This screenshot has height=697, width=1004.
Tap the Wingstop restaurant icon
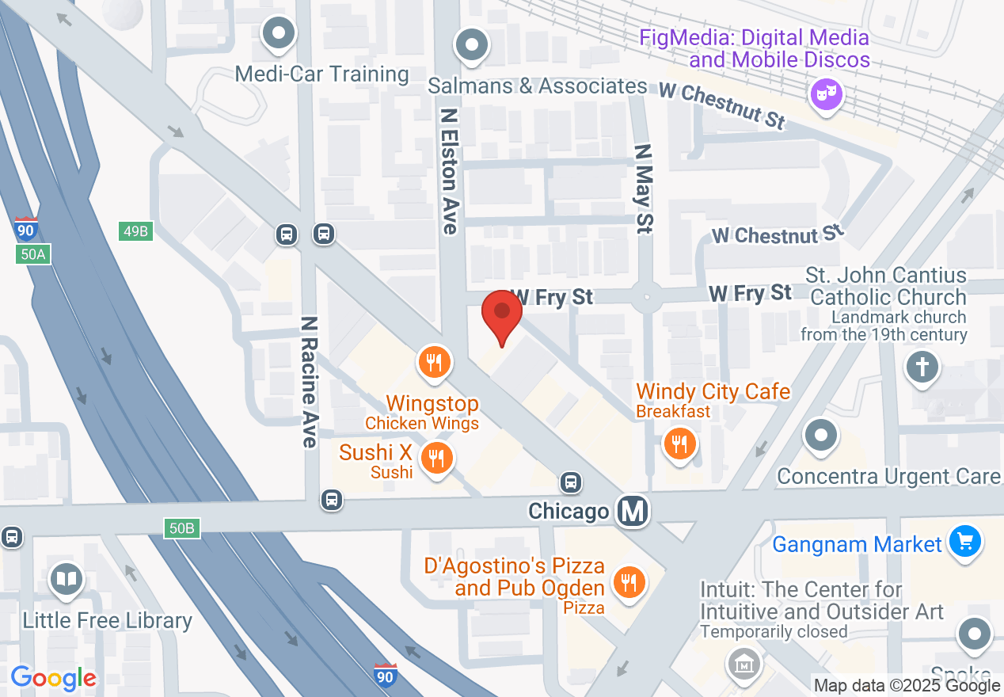coord(434,363)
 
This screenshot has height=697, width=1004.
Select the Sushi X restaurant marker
coord(435,458)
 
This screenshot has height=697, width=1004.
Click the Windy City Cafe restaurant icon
coord(679,444)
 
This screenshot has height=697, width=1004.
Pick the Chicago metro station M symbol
coord(633,511)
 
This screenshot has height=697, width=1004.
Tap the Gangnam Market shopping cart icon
coord(964,543)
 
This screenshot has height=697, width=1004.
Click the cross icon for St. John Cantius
coord(922,367)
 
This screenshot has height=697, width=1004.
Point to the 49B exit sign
coord(135,231)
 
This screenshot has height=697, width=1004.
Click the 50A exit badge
coord(32,254)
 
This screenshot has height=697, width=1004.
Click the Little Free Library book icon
coord(67,579)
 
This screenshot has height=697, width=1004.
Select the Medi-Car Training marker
coord(279,34)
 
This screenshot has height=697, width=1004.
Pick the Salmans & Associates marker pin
coord(473,44)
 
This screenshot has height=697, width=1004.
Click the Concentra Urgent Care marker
coord(820,435)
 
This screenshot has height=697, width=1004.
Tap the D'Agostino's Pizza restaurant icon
coord(629,582)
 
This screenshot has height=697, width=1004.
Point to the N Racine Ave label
coord(310,382)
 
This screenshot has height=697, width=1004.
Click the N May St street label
coord(643,189)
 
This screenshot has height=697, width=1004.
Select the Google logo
coord(53,678)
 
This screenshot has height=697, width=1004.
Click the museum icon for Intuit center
coord(743,662)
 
